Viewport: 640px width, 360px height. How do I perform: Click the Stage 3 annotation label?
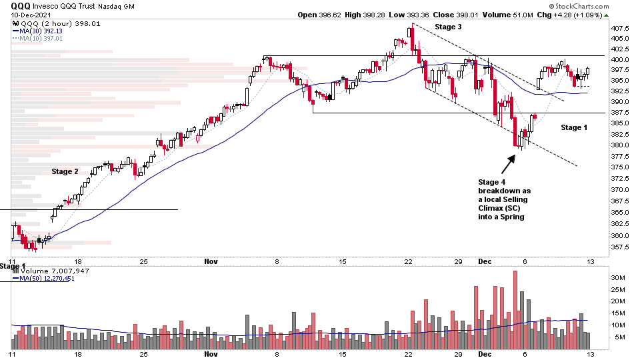pos(448,27)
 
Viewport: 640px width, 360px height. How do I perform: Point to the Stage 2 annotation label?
pos(65,171)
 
